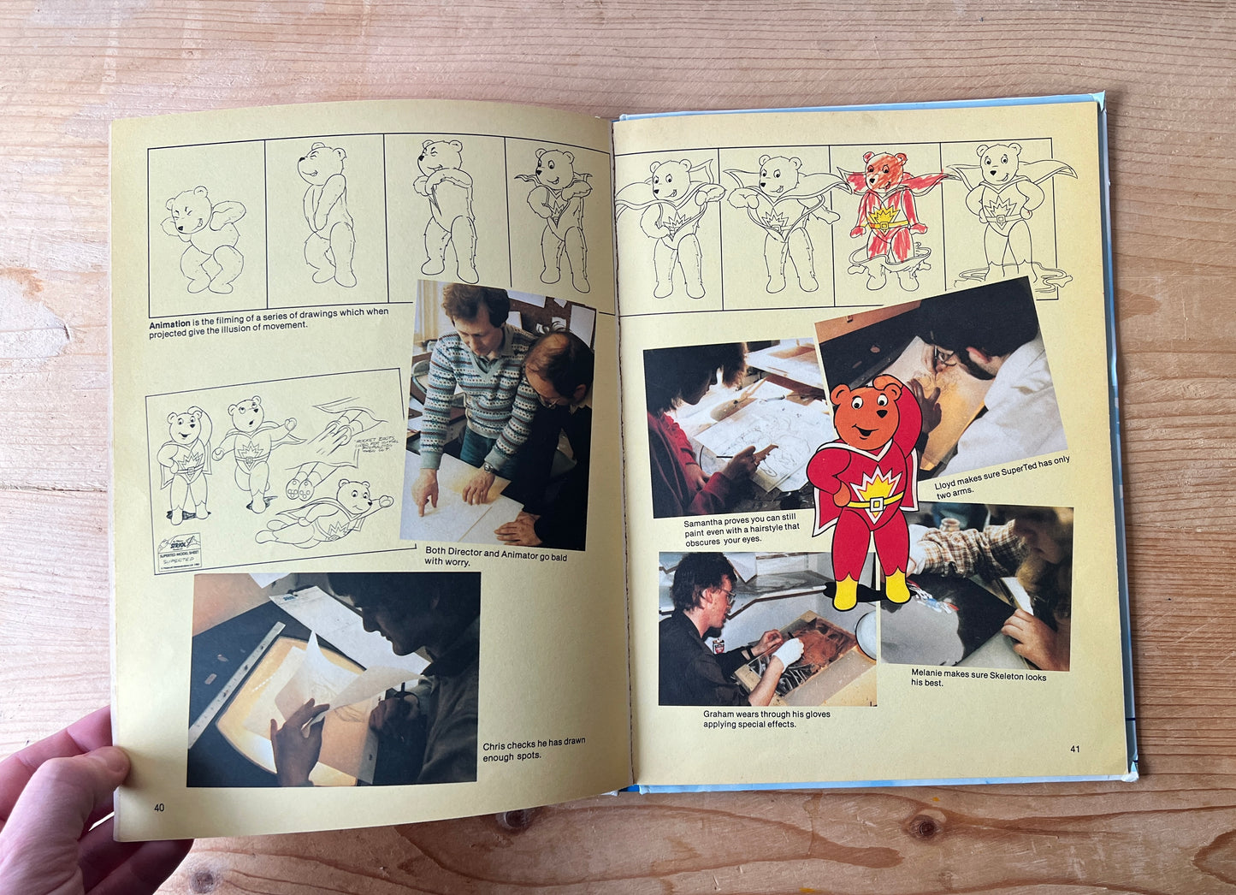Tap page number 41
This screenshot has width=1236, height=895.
tap(1075, 749)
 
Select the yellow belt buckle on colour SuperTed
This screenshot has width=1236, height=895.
tap(873, 504)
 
